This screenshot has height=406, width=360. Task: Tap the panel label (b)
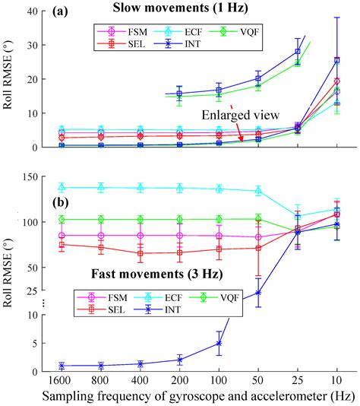click(x=66, y=204)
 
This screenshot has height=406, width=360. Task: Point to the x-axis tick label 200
click(x=179, y=381)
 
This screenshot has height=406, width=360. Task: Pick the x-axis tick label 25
click(x=298, y=381)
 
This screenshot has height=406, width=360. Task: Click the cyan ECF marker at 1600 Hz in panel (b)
click(x=62, y=187)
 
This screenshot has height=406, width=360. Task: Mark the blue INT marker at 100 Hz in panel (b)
click(x=219, y=343)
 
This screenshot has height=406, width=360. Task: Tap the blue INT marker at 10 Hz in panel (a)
click(x=337, y=59)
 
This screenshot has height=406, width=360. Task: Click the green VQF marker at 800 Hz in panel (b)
click(x=101, y=219)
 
